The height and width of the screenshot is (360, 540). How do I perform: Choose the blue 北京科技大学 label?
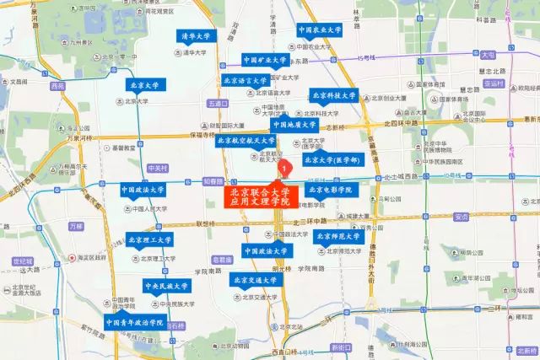point(332,96)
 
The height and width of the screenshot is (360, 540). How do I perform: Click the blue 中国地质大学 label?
point(294,125)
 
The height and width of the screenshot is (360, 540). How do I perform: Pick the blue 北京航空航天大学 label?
point(246,141)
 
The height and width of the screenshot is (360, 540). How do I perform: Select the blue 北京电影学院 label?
point(330,190)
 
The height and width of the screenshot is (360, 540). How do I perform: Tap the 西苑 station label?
point(57,86)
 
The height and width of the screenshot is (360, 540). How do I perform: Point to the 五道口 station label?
point(217,104)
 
